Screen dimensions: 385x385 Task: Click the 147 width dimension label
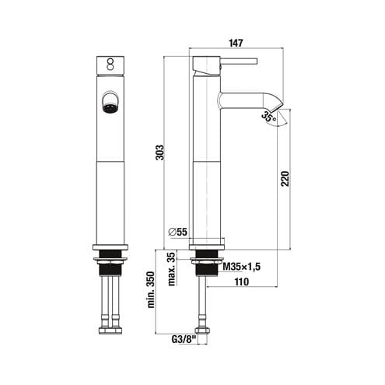click(x=236, y=43)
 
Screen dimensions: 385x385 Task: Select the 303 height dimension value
click(x=161, y=152)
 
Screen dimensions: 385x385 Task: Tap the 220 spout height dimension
click(x=285, y=178)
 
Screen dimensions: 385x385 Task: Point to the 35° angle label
click(x=268, y=117)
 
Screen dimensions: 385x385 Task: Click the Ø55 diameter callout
click(x=177, y=232)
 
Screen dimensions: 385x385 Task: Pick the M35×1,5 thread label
click(x=242, y=267)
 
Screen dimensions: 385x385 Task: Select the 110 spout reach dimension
click(x=241, y=282)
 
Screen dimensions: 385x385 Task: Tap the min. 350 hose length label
click(x=151, y=290)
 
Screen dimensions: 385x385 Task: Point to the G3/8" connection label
click(x=183, y=339)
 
